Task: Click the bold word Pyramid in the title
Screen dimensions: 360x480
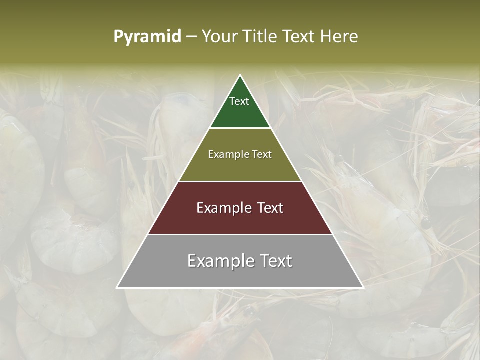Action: (x=147, y=37)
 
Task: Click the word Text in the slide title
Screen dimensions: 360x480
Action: (x=300, y=37)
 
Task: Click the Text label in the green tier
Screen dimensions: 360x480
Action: (x=239, y=101)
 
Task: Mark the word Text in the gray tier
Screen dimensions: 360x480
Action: (x=276, y=261)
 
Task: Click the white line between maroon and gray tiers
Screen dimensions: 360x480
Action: (x=240, y=234)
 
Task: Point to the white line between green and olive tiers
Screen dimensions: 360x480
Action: (x=240, y=128)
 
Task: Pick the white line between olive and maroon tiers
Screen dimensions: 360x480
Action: (x=240, y=181)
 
